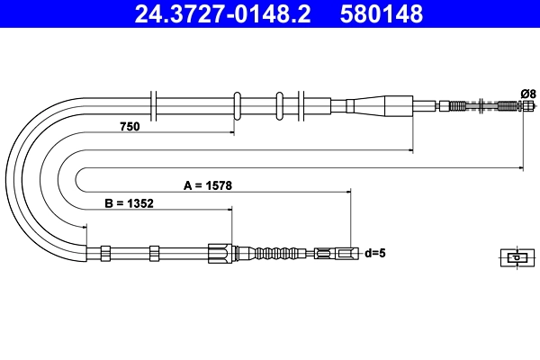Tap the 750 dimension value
tap(130, 128)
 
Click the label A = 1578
tap(208, 185)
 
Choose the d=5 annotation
tap(374, 254)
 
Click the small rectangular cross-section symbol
tap(515, 257)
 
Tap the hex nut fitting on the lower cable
tap(219, 254)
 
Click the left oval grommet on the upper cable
tap(238, 104)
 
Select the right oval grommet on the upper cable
tap(280, 104)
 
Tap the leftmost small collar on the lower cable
tap(105, 254)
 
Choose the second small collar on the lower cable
tap(154, 254)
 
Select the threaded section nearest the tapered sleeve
tap(458, 105)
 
